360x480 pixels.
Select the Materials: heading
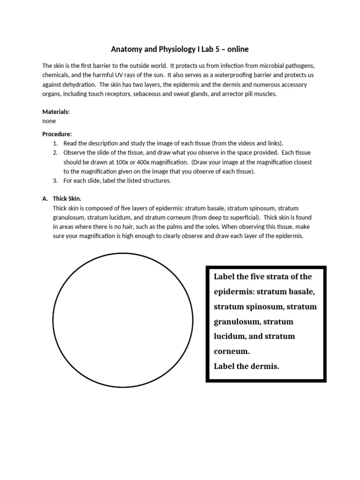56,112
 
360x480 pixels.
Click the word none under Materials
49,121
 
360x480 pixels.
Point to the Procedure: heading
57,134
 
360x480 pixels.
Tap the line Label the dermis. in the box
246,366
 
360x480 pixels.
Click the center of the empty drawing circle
123,322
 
